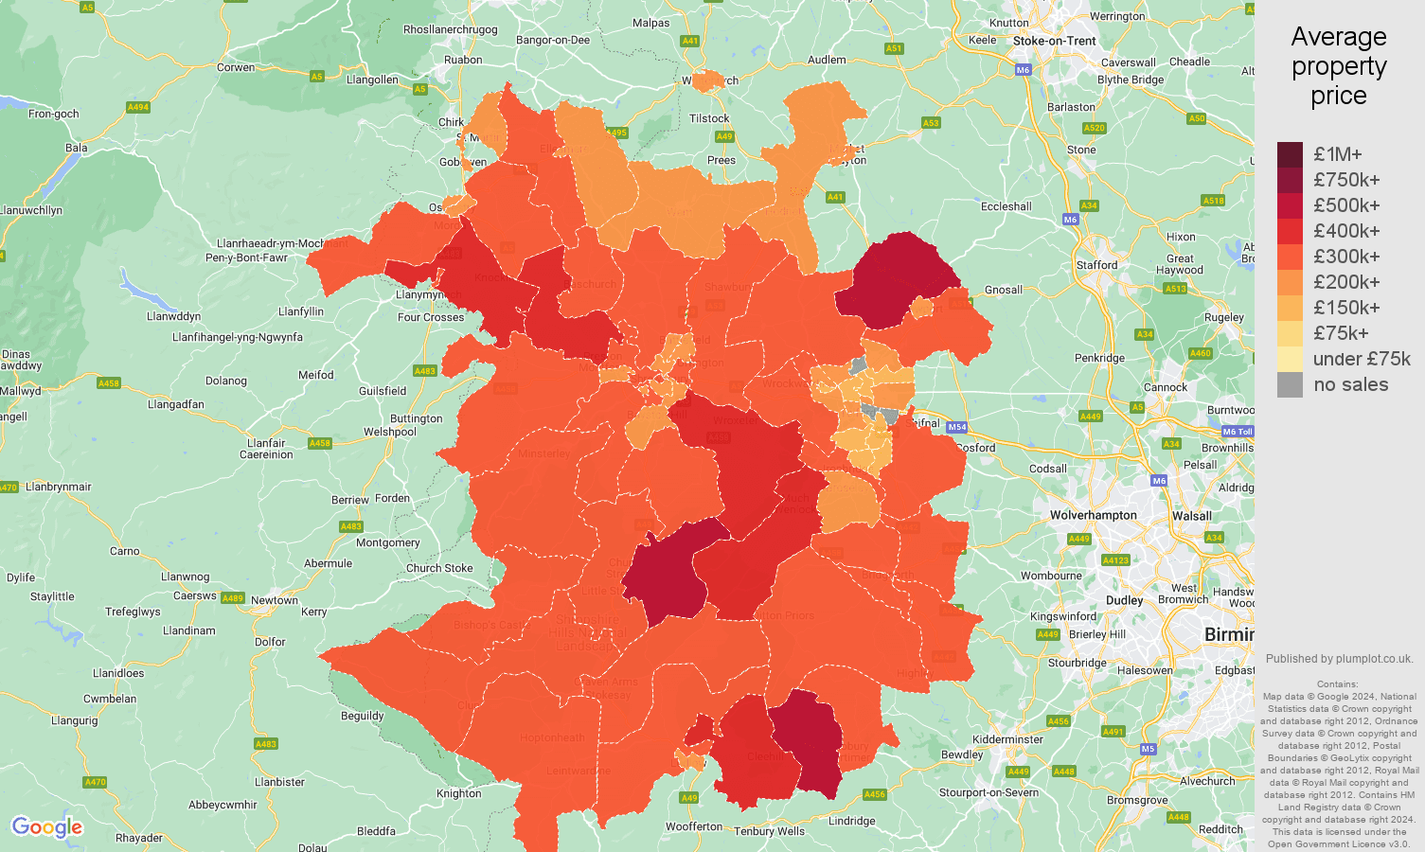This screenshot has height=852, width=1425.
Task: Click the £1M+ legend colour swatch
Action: click(1290, 154)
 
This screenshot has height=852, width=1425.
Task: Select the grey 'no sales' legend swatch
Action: click(1290, 384)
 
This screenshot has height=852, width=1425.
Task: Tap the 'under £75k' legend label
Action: click(1361, 359)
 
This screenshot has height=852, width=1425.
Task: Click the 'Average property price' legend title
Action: click(1338, 66)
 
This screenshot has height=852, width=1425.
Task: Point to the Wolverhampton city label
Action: click(1093, 515)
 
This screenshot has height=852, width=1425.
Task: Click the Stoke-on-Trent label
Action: click(1054, 41)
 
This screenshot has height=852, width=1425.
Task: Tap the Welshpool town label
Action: click(389, 432)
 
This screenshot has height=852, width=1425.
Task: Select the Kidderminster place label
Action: click(1007, 739)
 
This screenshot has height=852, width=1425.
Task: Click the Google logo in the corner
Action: click(46, 827)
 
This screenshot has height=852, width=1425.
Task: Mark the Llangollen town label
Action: click(372, 80)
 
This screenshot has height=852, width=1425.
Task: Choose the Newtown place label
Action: click(275, 600)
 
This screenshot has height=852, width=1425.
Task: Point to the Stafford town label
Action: click(1096, 265)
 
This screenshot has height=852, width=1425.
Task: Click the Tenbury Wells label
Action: click(769, 831)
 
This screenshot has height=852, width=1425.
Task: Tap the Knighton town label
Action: click(459, 793)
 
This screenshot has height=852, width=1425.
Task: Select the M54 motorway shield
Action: click(956, 427)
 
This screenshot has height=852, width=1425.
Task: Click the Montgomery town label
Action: click(387, 542)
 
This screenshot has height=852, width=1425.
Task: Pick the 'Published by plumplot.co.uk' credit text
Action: click(1339, 659)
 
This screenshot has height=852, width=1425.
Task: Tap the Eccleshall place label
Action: click(1006, 206)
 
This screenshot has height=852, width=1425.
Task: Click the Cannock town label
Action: click(1166, 387)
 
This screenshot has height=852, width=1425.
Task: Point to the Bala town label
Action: click(76, 148)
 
